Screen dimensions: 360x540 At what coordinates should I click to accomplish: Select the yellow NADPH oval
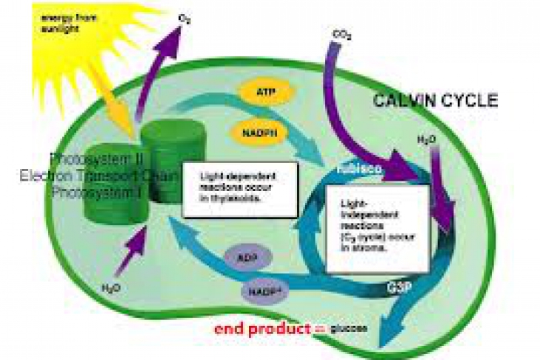[264, 133]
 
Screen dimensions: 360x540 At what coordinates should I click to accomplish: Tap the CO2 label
[341, 35]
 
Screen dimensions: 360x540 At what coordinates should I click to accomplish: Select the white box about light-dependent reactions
[239, 190]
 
